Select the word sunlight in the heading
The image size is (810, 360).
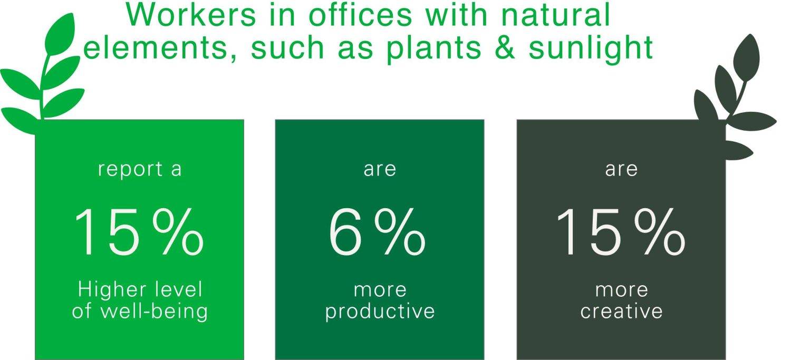(x=591, y=49)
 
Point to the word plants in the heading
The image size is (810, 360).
(x=434, y=49)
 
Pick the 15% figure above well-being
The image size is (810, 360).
(x=139, y=232)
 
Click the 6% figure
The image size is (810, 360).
(x=377, y=232)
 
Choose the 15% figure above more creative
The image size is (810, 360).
(x=621, y=232)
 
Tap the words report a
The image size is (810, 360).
(x=140, y=170)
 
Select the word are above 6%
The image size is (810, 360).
(x=380, y=170)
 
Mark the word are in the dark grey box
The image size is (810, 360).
(x=621, y=170)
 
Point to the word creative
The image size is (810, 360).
(x=621, y=311)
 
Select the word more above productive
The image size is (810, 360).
(x=380, y=291)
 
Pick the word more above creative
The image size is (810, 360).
(x=622, y=291)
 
